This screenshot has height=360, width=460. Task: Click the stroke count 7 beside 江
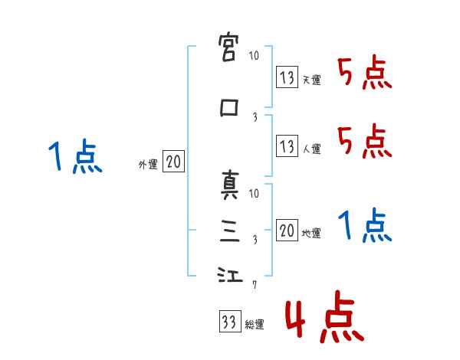tap(255, 285)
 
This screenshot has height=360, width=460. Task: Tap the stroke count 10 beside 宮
tap(255, 56)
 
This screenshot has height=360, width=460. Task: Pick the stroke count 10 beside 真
tap(255, 194)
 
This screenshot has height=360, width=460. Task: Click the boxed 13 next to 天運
tap(287, 77)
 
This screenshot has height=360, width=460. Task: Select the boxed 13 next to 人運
tap(287, 146)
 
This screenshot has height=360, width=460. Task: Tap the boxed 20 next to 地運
tap(287, 231)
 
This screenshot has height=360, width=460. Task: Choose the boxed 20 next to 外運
tap(174, 162)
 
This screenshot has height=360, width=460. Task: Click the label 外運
tap(147, 164)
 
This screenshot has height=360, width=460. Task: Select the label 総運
tap(254, 325)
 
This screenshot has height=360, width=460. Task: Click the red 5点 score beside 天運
tap(364, 74)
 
